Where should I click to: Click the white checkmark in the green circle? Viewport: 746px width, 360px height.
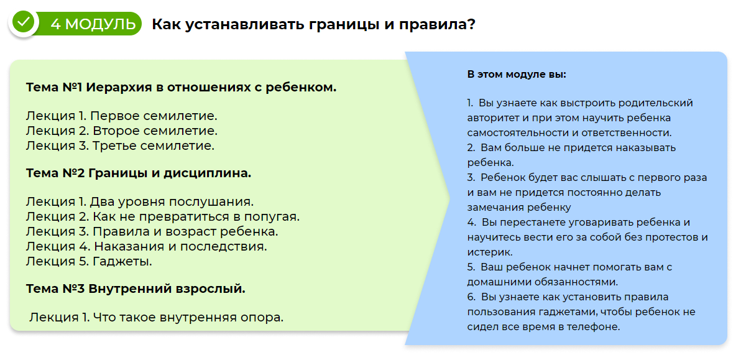coord(24,22)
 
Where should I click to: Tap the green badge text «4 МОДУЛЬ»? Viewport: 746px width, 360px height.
coord(93,24)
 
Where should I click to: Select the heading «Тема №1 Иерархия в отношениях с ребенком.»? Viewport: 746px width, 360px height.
coord(182,87)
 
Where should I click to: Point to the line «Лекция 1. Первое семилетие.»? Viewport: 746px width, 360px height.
coord(122,116)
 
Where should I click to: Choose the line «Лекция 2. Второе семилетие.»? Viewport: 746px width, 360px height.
coord(122,131)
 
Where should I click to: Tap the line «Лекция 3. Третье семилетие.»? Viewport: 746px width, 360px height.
coord(120,146)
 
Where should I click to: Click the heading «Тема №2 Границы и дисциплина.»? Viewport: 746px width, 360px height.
coord(139,173)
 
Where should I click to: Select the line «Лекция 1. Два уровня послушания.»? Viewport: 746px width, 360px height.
coord(140,202)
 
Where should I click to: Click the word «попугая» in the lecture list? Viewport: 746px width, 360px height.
coord(271,217)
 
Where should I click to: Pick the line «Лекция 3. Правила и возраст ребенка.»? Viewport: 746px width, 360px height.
coord(152,231)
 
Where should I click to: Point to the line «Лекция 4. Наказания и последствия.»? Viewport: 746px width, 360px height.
coord(147,246)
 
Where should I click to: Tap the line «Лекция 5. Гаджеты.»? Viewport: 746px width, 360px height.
coord(89,261)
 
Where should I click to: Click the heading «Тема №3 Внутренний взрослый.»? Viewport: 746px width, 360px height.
coord(136,288)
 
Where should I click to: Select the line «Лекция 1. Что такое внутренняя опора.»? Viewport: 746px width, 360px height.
coord(156,317)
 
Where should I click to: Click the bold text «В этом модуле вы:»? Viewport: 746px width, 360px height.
coord(517,74)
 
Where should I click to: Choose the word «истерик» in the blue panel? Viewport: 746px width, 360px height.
coord(489,252)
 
